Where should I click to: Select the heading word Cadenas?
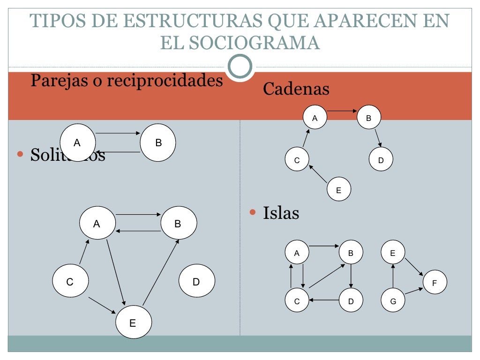pos(296,89)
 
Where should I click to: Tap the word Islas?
pos(281,213)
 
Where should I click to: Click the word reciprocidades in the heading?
pos(165,81)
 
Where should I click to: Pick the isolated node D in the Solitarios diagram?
pos(197,281)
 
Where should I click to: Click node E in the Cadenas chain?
pos(339,190)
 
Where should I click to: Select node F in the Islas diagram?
pos(435,283)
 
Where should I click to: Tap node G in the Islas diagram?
pos(393,301)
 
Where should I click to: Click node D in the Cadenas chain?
pos(381,160)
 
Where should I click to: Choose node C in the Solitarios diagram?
pos(70,282)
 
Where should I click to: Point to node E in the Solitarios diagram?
pos(133,322)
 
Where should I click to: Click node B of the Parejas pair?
pos(158,143)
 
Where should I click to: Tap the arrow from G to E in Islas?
pos(393,277)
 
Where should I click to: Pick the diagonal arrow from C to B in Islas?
pos(327,276)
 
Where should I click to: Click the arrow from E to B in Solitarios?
pos(161,272)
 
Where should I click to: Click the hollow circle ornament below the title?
pos(240,67)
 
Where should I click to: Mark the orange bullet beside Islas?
pos(253,212)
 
